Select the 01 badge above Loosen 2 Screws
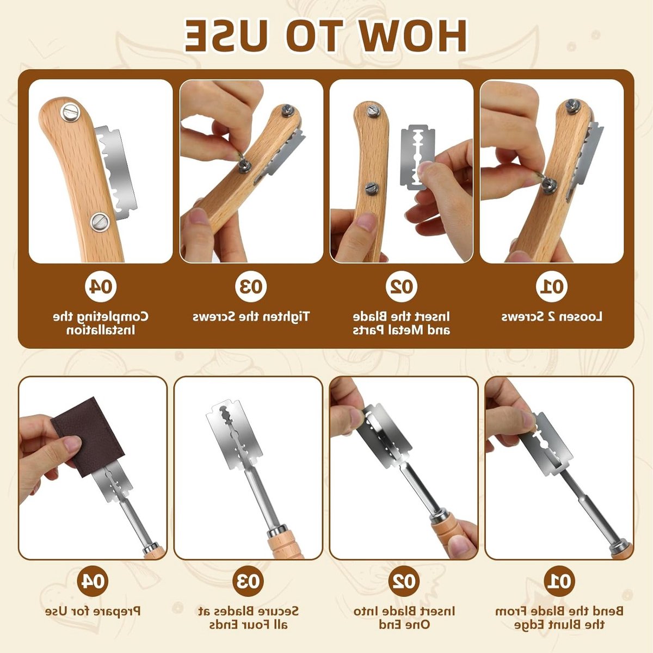click(x=551, y=287)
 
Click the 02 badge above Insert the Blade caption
click(x=401, y=287)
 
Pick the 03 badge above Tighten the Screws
click(x=251, y=287)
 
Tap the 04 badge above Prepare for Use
click(x=93, y=581)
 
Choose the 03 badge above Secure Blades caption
click(x=248, y=581)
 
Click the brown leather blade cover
click(x=88, y=437)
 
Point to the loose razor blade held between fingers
click(x=417, y=157)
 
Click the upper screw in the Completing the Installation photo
click(x=71, y=113)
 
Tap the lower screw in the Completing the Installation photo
click(x=100, y=223)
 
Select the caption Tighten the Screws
click(x=251, y=317)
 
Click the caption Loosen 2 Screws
click(x=551, y=317)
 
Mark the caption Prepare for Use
click(x=93, y=612)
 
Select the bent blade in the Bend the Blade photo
click(x=546, y=444)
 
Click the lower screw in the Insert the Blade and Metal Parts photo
click(x=372, y=188)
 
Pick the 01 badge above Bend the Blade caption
click(x=559, y=581)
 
